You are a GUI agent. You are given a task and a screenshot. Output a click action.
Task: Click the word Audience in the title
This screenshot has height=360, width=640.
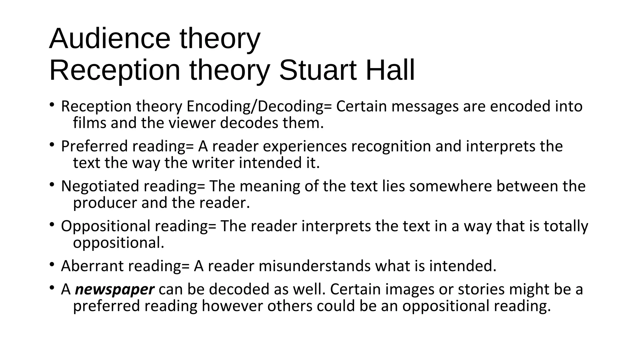(110, 39)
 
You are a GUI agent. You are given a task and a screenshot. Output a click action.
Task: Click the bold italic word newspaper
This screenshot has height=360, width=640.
(115, 290)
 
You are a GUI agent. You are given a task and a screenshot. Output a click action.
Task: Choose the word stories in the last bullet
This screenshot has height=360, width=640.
(481, 290)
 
